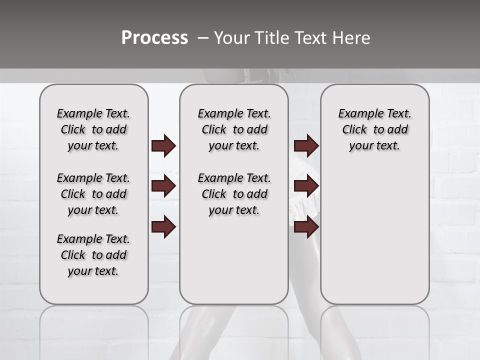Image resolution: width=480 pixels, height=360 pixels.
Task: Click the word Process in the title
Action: click(x=154, y=38)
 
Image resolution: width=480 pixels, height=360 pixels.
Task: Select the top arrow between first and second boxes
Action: click(x=163, y=146)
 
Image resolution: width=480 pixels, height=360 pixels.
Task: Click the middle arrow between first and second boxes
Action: click(x=163, y=186)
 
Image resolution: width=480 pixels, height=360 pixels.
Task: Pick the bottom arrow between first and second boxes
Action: click(x=163, y=227)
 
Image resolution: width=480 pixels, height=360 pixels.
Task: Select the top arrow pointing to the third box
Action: click(x=306, y=146)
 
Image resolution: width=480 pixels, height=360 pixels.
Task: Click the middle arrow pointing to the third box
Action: click(x=306, y=186)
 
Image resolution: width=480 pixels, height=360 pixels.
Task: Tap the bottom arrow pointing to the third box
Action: click(x=306, y=227)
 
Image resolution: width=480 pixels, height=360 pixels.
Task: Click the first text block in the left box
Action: click(x=93, y=129)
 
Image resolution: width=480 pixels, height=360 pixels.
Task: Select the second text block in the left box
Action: click(x=93, y=194)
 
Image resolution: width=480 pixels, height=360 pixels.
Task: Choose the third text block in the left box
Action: click(x=93, y=255)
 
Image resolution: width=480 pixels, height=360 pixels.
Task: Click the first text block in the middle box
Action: click(x=234, y=129)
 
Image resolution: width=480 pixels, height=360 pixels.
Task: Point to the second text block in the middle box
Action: click(x=234, y=194)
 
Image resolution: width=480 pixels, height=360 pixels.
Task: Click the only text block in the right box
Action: click(x=374, y=129)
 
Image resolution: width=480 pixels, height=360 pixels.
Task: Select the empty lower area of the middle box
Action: click(x=234, y=260)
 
